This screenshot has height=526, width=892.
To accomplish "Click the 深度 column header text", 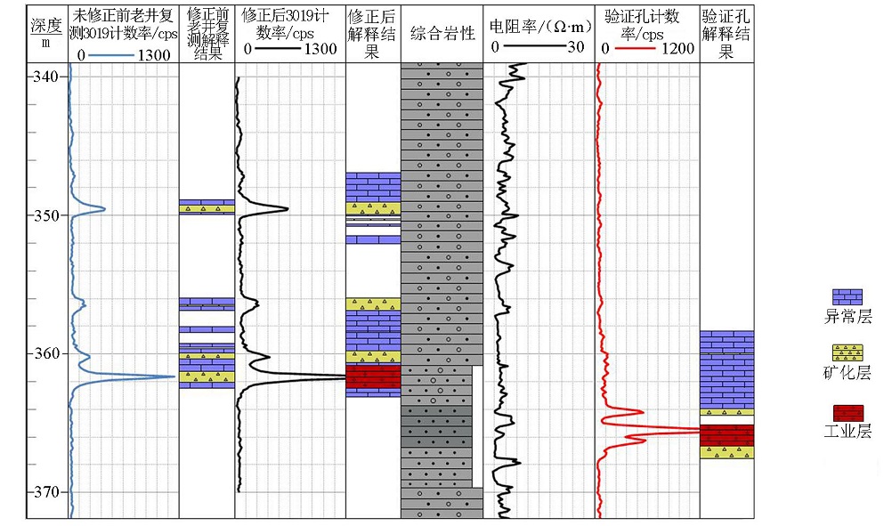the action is (46, 26).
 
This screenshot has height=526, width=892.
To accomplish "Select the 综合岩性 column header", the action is (442, 34).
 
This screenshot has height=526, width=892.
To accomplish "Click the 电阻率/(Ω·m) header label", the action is (540, 27).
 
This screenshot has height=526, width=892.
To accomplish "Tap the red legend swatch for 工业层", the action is (847, 413).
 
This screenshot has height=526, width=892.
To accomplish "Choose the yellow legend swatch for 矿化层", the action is (847, 353).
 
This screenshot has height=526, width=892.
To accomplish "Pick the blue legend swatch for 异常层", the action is (847, 297).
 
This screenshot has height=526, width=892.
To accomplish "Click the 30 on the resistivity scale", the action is (576, 47).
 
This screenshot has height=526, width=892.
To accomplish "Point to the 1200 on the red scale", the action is (677, 49).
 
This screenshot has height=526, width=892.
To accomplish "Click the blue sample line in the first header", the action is (111, 54).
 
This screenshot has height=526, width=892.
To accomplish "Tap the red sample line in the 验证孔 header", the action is (635, 49).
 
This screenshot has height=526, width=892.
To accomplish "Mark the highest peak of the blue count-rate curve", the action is (174, 376).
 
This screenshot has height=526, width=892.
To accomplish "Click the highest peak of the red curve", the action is (699, 431).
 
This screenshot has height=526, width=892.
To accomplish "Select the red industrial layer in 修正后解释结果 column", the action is (373, 377).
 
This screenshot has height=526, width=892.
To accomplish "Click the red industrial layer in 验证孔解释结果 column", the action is (726, 435).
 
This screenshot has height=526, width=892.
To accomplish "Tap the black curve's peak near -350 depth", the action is (288, 208).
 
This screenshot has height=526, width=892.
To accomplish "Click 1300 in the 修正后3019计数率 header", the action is (320, 49).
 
